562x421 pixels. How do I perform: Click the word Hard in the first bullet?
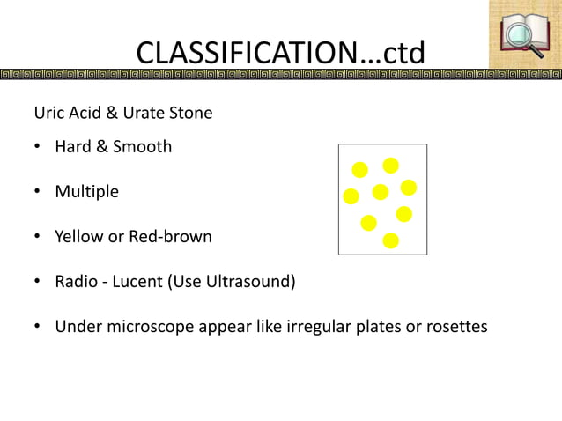[x=73, y=146]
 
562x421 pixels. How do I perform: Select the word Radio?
[x=78, y=282]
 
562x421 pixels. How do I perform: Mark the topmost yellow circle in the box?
[x=390, y=165]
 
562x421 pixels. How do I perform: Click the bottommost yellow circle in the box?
[x=391, y=240]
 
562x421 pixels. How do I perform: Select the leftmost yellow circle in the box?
[x=351, y=195]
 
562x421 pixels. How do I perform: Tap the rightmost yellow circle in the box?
[x=409, y=188]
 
